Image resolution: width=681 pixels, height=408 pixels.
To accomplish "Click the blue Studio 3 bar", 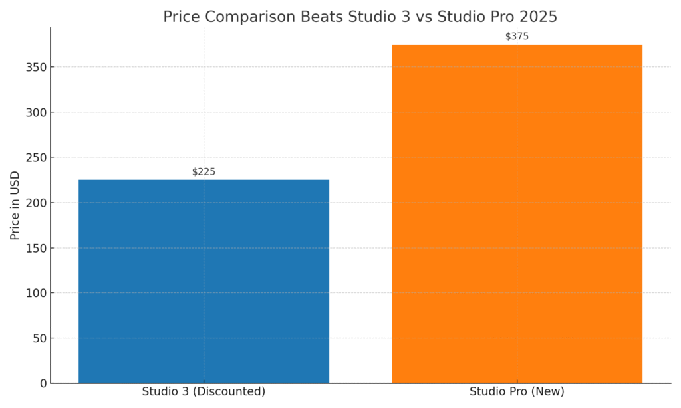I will click(x=204, y=281).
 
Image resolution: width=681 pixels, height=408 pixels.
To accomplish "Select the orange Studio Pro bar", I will click(x=517, y=213).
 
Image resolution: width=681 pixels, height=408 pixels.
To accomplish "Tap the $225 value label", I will click(x=204, y=172).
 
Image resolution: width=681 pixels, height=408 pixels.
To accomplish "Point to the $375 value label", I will click(x=517, y=37).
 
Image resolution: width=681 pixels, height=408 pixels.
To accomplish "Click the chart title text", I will click(x=360, y=17).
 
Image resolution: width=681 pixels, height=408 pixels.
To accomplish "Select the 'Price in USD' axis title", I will click(x=15, y=205).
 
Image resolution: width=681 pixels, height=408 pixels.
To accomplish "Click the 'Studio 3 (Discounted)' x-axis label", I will click(x=204, y=392).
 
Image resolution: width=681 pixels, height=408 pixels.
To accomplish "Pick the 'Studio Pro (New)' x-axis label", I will click(x=517, y=392).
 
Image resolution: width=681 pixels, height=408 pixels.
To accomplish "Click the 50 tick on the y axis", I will click(x=41, y=338).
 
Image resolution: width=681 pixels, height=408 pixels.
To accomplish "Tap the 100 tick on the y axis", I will click(x=38, y=293).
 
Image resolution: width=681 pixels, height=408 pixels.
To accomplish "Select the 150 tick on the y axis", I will click(x=38, y=248).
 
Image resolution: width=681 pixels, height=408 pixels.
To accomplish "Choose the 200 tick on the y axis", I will click(x=38, y=203).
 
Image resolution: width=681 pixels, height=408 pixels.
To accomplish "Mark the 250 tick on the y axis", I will click(x=38, y=157).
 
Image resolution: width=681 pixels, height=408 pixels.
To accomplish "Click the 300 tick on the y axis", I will click(x=38, y=112).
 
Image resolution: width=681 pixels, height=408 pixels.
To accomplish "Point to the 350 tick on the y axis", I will click(x=38, y=67).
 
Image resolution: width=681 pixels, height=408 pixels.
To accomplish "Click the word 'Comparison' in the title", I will click(x=243, y=17).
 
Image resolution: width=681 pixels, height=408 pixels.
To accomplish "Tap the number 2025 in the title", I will click(x=538, y=17).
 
